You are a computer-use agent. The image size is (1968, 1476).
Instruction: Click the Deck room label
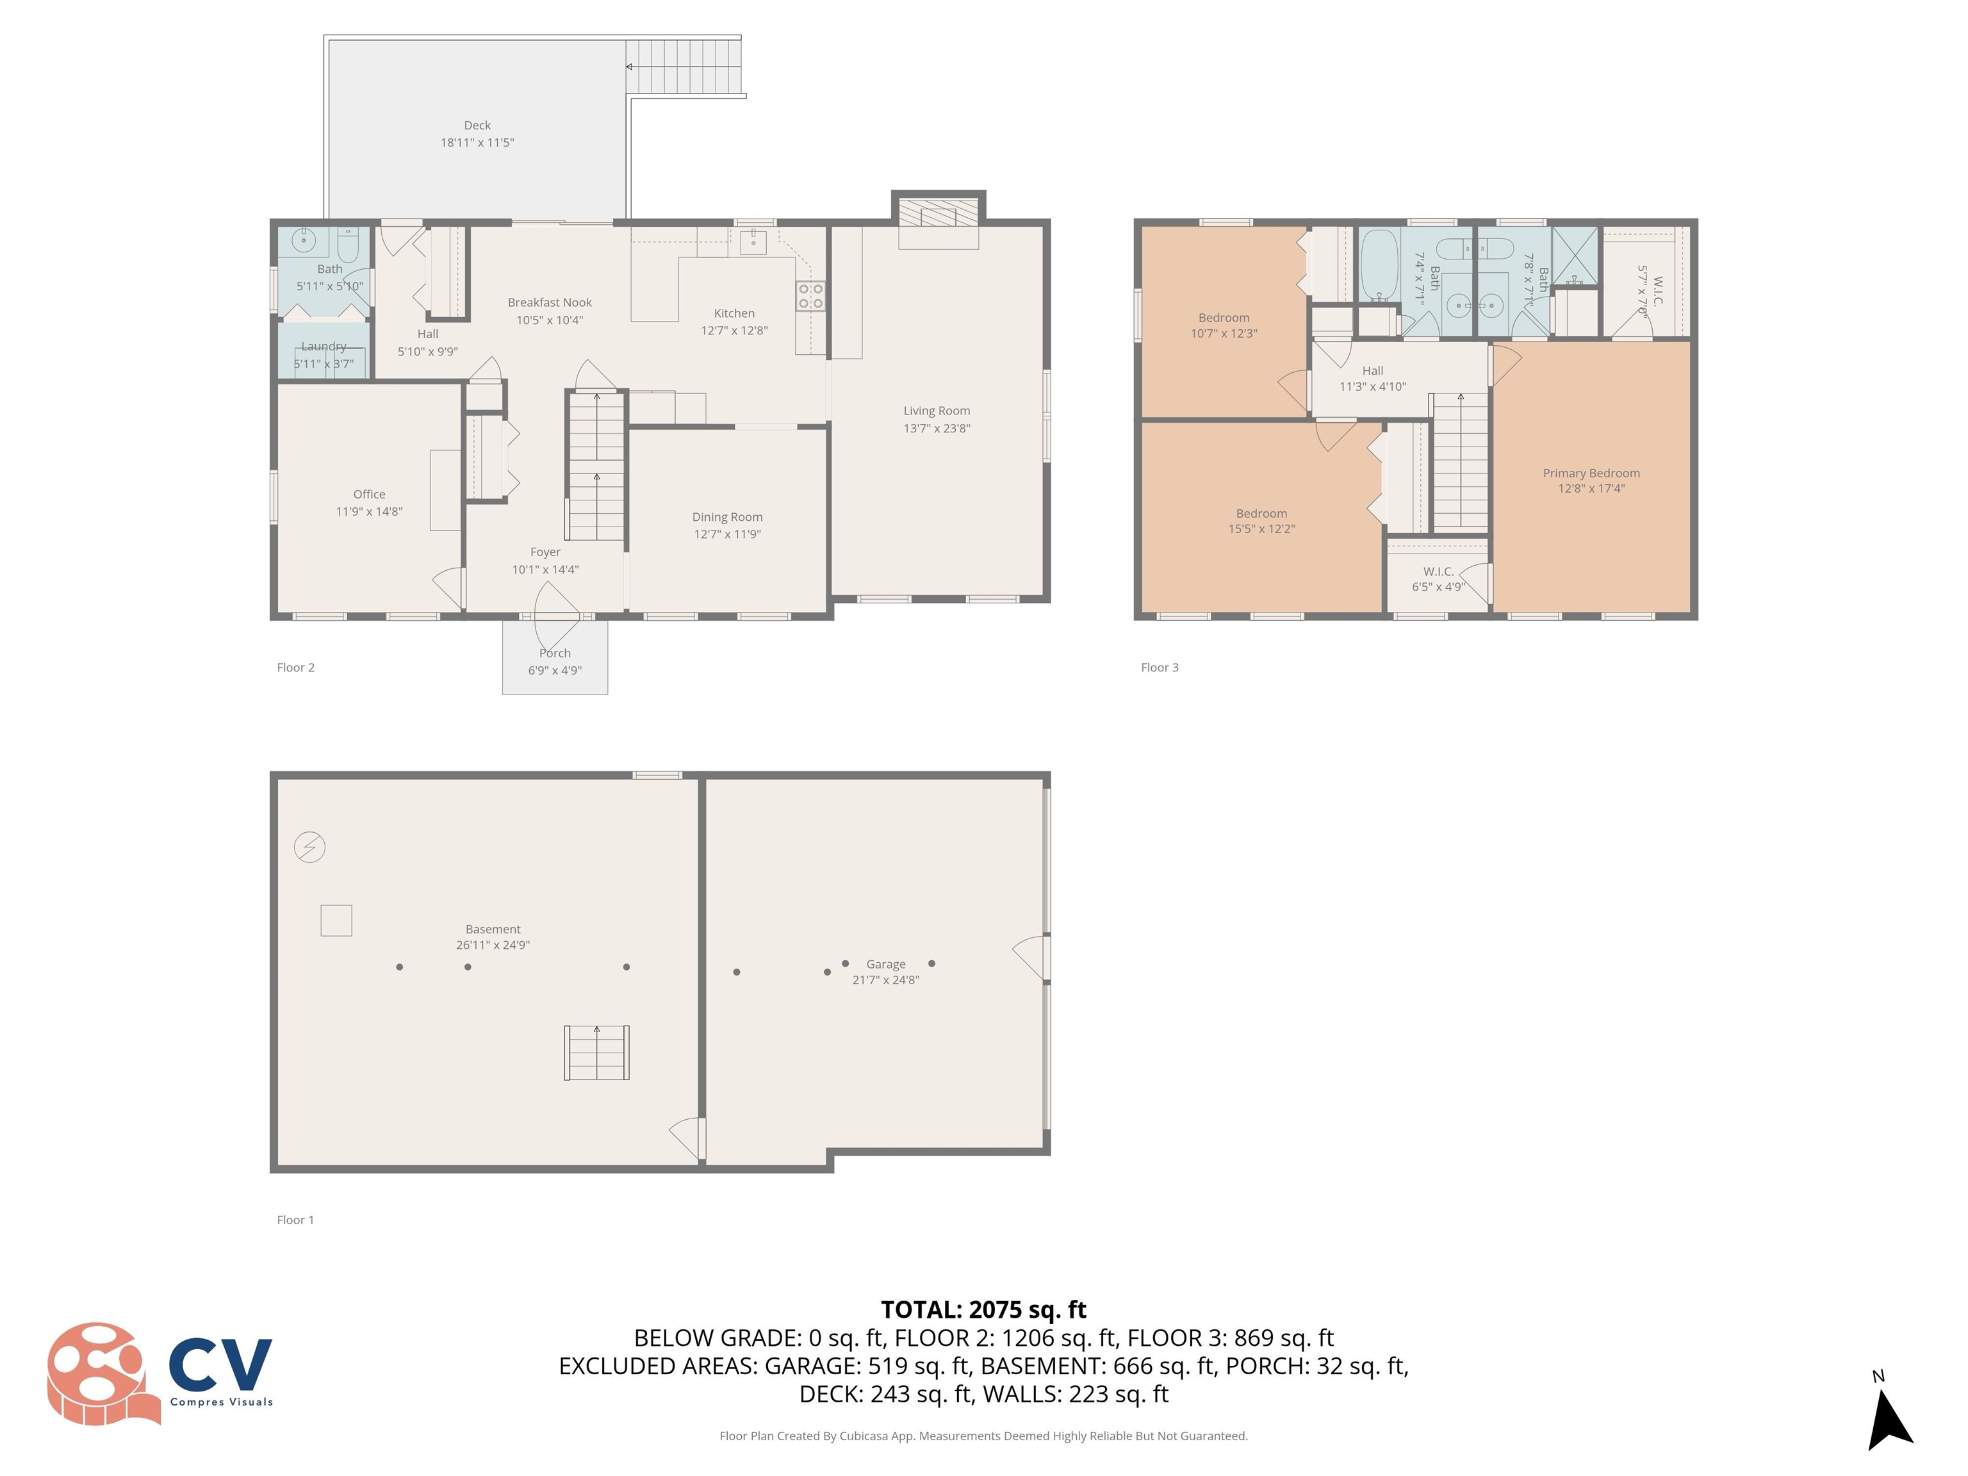pyautogui.click(x=477, y=126)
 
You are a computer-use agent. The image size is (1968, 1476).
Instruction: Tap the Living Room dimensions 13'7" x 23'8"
pyautogui.click(x=936, y=428)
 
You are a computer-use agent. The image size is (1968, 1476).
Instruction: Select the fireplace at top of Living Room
pyautogui.click(x=938, y=215)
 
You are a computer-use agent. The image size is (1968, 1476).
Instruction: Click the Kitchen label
pyautogui.click(x=734, y=313)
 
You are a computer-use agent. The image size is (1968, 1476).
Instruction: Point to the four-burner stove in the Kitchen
pyautogui.click(x=810, y=296)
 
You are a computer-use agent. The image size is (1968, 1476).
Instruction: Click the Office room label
pyautogui.click(x=369, y=495)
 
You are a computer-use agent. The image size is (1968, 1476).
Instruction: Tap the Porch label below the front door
pyautogui.click(x=554, y=653)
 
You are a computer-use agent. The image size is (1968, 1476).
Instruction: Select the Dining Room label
pyautogui.click(x=727, y=517)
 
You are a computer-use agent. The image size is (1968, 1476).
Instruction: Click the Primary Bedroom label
pyautogui.click(x=1591, y=473)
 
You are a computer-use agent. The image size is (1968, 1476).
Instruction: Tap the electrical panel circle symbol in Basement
pyautogui.click(x=309, y=846)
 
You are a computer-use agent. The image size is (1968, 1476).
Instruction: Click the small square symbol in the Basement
pyautogui.click(x=336, y=920)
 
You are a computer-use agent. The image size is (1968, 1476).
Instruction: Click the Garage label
pyautogui.click(x=885, y=964)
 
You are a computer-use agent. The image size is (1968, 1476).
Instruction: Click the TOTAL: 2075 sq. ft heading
pyautogui.click(x=983, y=1309)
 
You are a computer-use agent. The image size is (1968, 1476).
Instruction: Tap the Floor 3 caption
pyautogui.click(x=1160, y=668)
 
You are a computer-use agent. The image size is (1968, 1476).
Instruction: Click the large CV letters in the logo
pyautogui.click(x=220, y=1364)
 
